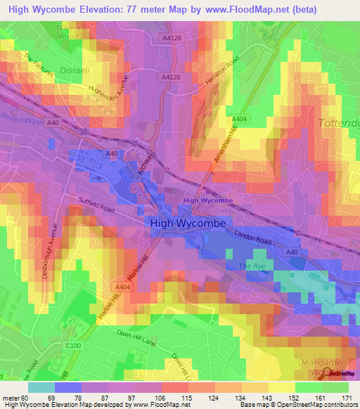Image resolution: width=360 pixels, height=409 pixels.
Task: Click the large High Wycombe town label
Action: coord(187,223)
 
